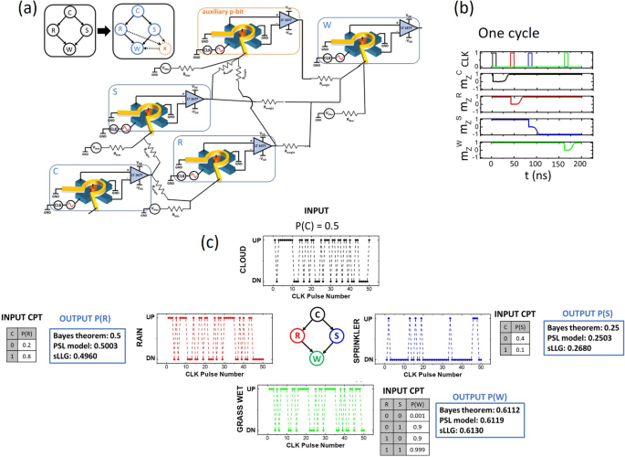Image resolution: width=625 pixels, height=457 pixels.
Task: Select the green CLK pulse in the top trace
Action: tap(567, 59)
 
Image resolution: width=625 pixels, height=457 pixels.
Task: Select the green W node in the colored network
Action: tap(316, 361)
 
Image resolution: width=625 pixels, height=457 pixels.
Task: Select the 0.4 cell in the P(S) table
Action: tap(526, 338)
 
